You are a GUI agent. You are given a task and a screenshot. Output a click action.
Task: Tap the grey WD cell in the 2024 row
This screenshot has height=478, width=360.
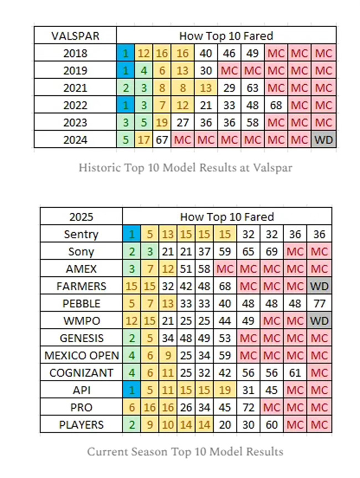324,140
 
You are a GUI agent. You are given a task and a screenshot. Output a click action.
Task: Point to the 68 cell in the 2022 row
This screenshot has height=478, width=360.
276,106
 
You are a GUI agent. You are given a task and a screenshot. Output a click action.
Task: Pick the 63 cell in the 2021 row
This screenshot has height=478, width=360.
253,88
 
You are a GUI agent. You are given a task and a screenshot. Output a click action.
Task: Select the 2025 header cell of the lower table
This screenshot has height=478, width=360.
81,217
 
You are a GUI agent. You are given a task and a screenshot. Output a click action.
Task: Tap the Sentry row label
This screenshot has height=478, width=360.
81,234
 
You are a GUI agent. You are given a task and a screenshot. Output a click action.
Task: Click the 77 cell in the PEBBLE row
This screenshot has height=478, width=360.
320,303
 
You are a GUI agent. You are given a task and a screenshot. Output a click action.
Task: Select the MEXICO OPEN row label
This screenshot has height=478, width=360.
81,355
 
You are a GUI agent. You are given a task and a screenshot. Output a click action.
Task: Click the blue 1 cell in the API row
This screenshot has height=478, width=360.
131,390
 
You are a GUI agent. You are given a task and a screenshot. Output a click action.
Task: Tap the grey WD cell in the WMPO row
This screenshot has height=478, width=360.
320,321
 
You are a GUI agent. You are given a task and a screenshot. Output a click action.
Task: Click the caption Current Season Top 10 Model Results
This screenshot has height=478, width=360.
185,451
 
